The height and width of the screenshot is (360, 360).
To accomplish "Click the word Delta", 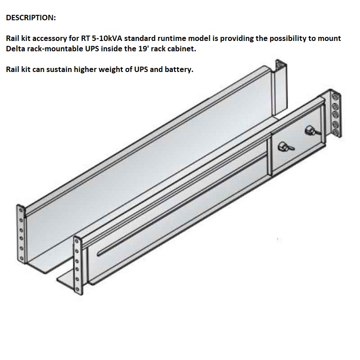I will coord(17,49).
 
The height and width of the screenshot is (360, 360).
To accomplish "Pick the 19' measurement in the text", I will coord(130,49).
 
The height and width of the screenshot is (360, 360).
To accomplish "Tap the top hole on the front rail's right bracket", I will coord(333,96).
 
